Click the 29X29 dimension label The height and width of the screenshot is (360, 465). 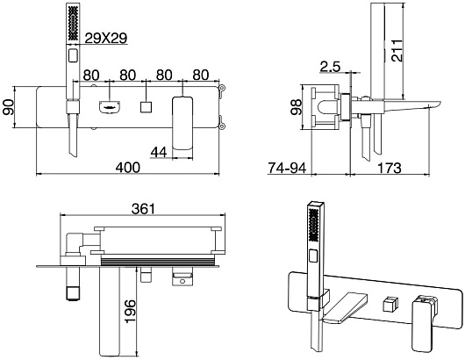tap(106, 38)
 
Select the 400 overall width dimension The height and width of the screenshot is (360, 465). tap(127, 168)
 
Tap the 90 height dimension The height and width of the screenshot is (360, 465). tap(8, 107)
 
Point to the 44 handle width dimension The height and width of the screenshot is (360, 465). tap(159, 152)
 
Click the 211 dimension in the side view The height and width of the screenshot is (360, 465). tap(397, 50)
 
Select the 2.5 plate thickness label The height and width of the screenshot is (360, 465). tap(330, 67)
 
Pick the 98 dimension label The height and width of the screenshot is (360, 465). tap(296, 107)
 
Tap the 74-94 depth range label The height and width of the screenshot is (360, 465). tap(287, 168)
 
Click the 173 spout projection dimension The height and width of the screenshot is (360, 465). tap(390, 168)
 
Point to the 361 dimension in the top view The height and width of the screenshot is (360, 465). tap(143, 209)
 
